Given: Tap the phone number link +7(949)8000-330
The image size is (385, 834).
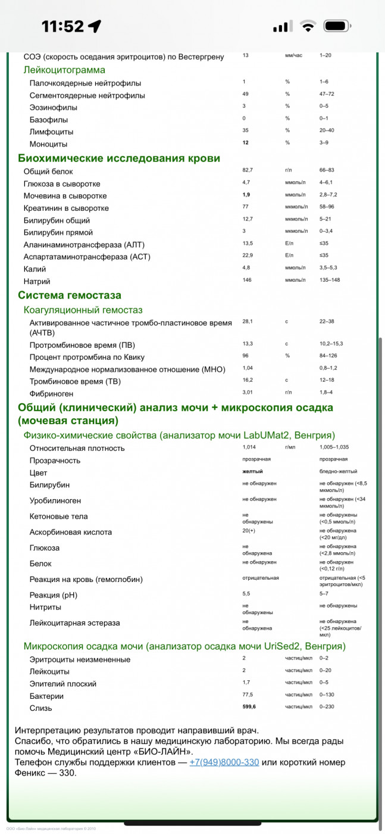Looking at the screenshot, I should tap(224, 763).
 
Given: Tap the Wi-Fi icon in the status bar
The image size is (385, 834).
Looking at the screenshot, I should tap(308, 26).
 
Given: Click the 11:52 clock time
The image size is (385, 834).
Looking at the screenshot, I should tap(62, 26).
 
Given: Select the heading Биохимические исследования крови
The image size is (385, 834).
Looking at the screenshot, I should tap(119, 158).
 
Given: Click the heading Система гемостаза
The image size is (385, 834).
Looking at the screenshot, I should tap(70, 295).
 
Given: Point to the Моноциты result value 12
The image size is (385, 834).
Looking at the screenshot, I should tap(245, 143).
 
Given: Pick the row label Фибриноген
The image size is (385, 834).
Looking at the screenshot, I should tap(51, 393).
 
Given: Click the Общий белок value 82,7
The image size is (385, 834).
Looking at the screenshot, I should tap(248, 171).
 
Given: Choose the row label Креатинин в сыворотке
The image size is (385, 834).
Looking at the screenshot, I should tap(66, 208).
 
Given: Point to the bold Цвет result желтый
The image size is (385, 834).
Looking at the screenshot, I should tap(252, 472).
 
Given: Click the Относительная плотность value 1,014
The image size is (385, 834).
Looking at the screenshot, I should tap(250, 447).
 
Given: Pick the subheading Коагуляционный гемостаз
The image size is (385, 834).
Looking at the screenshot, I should tap(83, 310).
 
